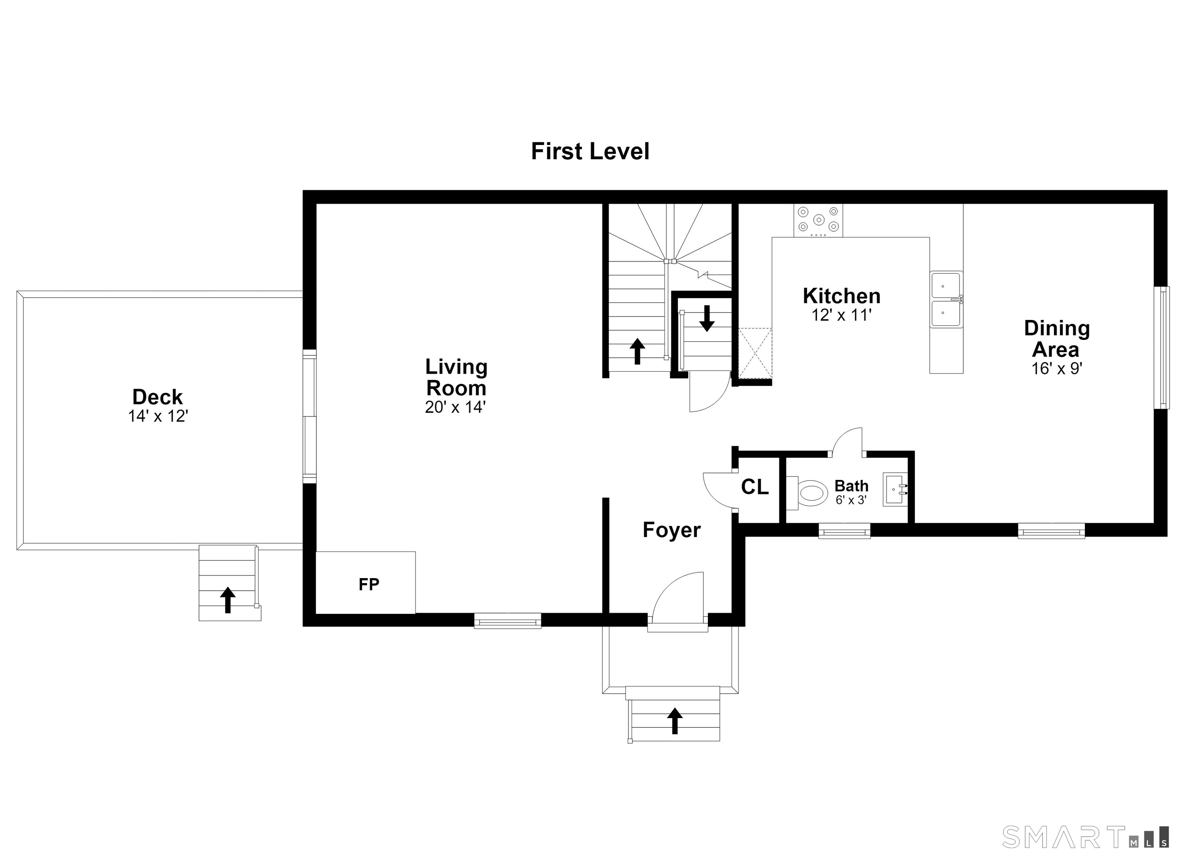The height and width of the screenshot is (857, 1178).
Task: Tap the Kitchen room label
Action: [x=841, y=296]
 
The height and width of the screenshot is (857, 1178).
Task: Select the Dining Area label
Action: [x=1057, y=338]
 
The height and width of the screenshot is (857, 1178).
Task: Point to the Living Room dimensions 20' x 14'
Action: [x=455, y=407]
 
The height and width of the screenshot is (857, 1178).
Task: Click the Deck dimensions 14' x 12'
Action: [x=158, y=416]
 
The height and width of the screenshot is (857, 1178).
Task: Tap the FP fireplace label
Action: [x=369, y=585]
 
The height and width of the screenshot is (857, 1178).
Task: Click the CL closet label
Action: [x=755, y=487]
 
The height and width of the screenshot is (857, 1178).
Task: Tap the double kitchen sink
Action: [x=946, y=299]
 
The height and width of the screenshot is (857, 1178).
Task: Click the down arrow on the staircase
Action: [x=706, y=318]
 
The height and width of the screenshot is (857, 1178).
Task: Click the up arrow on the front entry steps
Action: [x=675, y=721]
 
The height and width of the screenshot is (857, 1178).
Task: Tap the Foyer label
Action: [x=671, y=530]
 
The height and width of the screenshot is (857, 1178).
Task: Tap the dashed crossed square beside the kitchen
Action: [x=755, y=354]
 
